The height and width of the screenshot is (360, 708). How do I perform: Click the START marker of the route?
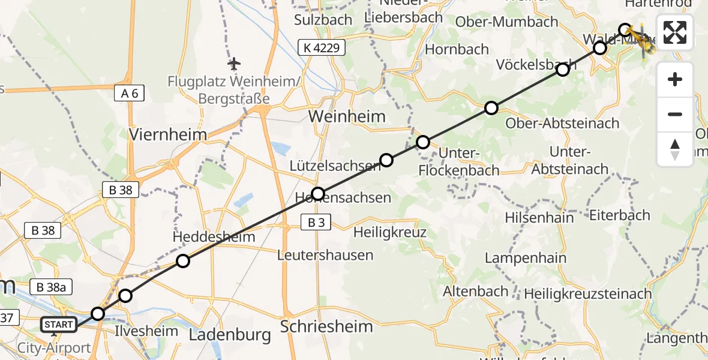click(59, 325)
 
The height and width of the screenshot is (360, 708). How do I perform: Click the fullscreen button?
click(675, 32)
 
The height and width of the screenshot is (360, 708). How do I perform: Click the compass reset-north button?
click(675, 149)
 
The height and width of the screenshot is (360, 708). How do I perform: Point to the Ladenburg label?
click(230, 335)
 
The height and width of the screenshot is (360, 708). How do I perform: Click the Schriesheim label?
click(326, 326)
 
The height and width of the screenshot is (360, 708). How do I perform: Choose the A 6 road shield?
click(129, 92)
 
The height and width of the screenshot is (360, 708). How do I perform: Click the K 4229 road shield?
click(322, 47)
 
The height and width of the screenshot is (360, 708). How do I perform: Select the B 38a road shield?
click(51, 287)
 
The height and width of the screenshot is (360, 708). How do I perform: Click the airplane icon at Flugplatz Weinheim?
click(234, 63)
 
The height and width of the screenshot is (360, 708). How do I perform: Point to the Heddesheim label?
click(214, 236)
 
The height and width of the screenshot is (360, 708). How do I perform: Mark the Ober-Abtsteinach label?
click(562, 124)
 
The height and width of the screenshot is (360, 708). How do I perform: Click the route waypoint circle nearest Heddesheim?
click(183, 261)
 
